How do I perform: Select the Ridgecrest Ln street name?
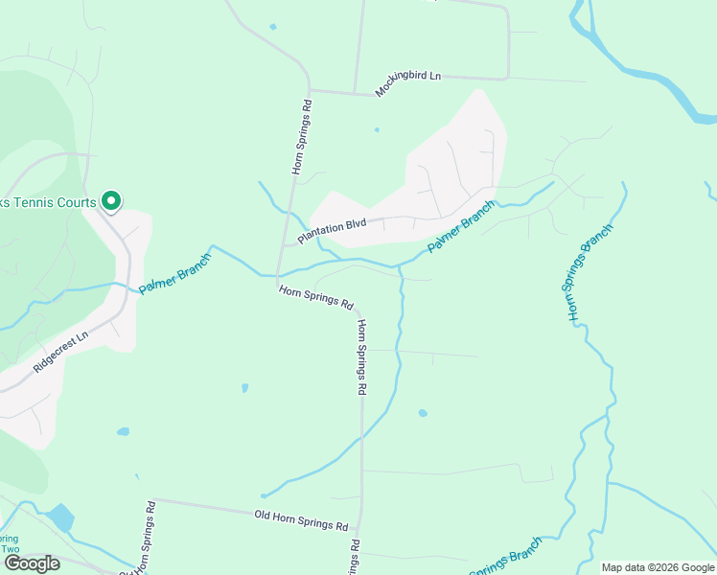point(60,352)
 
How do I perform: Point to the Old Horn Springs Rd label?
point(300,520)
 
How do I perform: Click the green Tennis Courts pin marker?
point(111,201)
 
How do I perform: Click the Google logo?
point(32,563)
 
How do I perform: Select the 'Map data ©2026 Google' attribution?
point(658,567)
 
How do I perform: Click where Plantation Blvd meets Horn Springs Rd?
point(284,245)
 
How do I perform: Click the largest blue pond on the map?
point(58,517)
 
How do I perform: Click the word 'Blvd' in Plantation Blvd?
point(354,224)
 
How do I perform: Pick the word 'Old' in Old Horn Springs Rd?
point(265,516)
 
